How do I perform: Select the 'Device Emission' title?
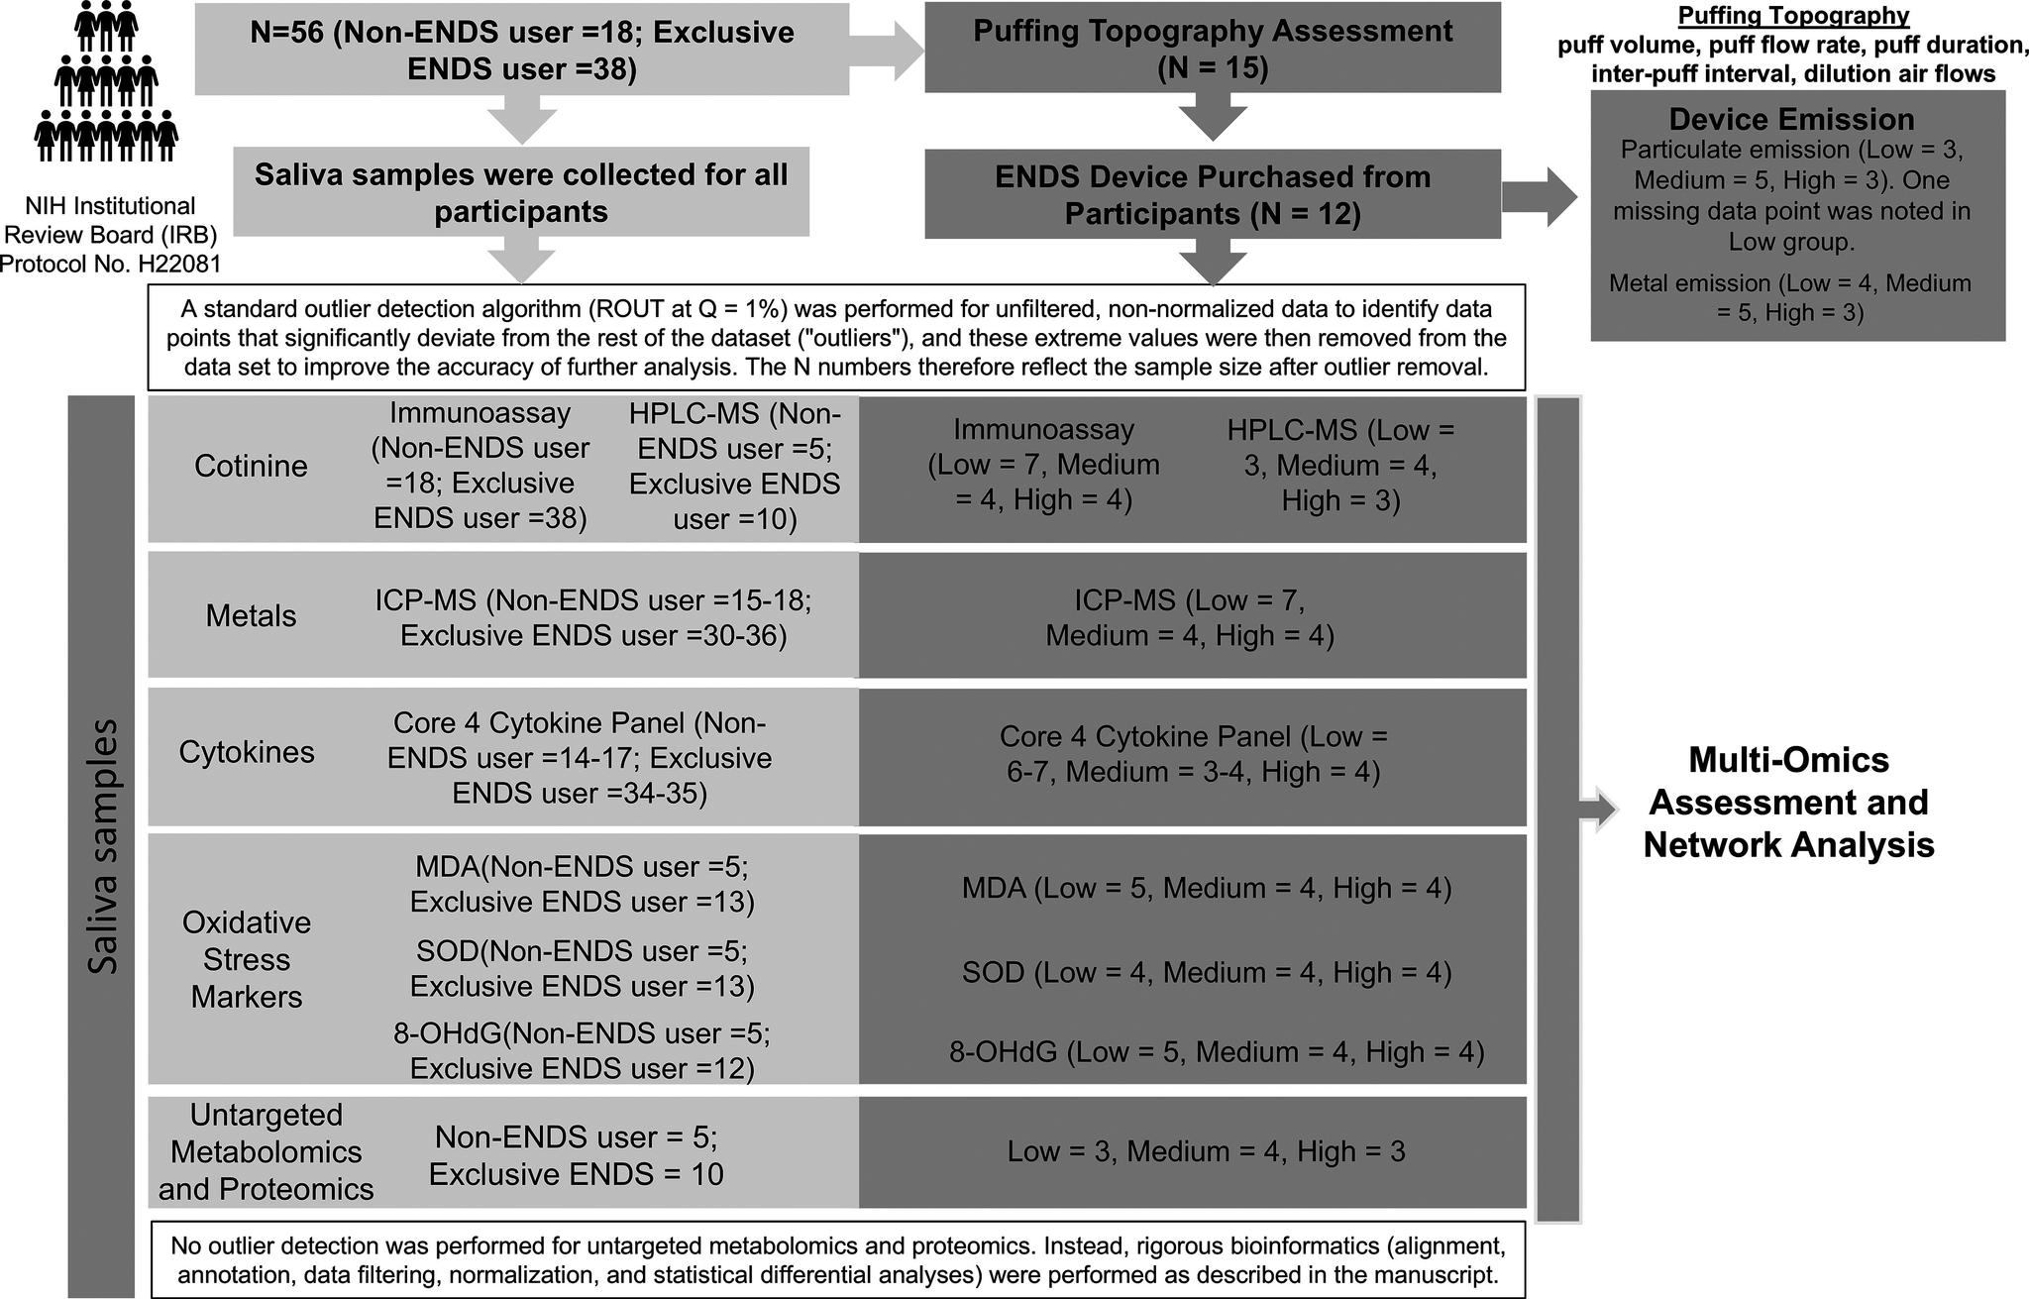tap(1791, 120)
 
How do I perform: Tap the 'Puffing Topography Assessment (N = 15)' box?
tap(1212, 49)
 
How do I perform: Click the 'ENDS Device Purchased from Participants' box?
tap(1212, 194)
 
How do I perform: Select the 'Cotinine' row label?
tap(251, 466)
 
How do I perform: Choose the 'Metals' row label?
tap(251, 616)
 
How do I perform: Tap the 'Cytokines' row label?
tap(247, 752)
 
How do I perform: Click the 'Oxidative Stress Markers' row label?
tap(247, 959)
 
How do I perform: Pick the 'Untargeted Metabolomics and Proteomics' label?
tap(267, 1151)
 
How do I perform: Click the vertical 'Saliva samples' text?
tap(102, 846)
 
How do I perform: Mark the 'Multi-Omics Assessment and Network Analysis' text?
tap(1788, 803)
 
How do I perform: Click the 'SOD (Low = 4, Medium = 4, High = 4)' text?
tap(1206, 973)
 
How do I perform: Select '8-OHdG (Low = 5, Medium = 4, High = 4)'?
tap(1216, 1052)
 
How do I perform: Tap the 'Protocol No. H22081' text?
tap(110, 264)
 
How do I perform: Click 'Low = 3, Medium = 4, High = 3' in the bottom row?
tap(1206, 1151)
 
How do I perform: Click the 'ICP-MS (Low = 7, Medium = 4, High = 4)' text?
tap(1190, 617)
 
